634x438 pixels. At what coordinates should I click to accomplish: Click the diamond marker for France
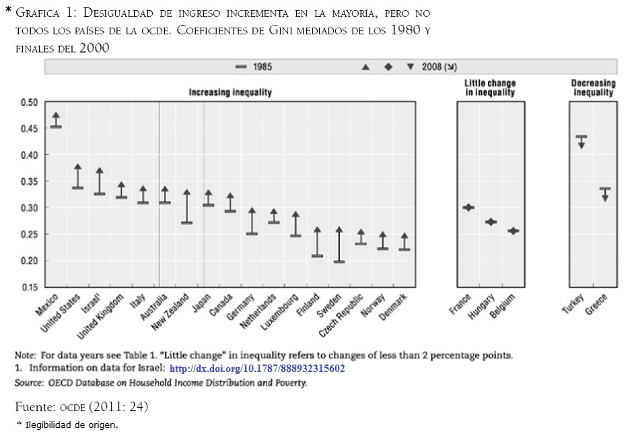tap(468, 208)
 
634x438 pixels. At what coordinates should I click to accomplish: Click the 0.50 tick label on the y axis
tap(29, 102)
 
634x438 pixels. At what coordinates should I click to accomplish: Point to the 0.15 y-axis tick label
tap(29, 288)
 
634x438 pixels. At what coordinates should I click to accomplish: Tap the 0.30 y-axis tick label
tap(29, 208)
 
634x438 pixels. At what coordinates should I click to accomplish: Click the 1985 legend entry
tap(254, 67)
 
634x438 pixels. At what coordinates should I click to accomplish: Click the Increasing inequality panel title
tap(230, 92)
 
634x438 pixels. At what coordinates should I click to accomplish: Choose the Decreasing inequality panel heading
tap(593, 88)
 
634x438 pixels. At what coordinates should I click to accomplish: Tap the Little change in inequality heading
tap(490, 88)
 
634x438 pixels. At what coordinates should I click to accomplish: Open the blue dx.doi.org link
tap(257, 369)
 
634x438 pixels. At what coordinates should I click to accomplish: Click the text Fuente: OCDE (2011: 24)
tap(81, 406)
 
